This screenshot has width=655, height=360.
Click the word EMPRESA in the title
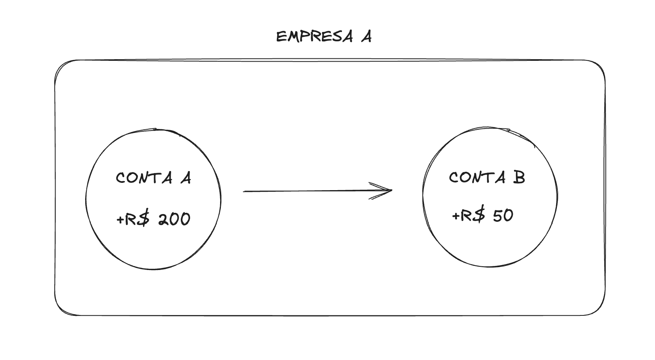[x=314, y=37]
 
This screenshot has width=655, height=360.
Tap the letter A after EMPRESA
[x=366, y=37]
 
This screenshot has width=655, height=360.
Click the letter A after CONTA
[x=186, y=178]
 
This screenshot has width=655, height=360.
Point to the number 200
[x=174, y=219]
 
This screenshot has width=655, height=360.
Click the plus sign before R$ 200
[x=120, y=220]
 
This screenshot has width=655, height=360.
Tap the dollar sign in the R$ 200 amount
[x=144, y=219]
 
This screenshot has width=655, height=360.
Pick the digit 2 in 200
[x=163, y=219]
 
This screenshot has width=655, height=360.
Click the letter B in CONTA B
[x=519, y=178]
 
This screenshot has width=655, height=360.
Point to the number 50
[x=503, y=215]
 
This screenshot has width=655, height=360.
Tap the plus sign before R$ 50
[x=456, y=216]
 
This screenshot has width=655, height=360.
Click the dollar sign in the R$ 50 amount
[x=479, y=215]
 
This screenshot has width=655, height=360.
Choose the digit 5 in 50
[x=497, y=215]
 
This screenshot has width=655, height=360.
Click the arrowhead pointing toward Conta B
[x=387, y=191]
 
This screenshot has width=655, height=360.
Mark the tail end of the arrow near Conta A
[x=244, y=191]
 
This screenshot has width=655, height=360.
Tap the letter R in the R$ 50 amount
[x=467, y=215]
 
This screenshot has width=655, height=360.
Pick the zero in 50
[x=509, y=216]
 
